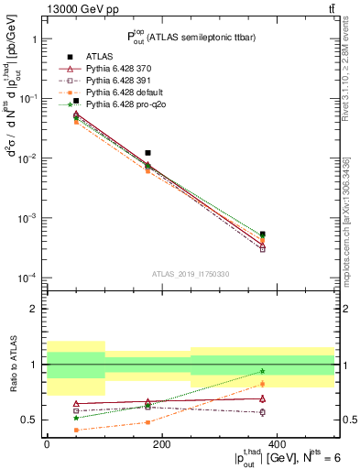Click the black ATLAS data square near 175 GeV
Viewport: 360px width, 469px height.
coord(147,153)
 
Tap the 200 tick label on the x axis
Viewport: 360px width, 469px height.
coord(161,444)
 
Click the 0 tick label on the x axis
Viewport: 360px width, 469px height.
coord(47,444)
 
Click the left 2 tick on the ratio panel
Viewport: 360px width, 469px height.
coord(34,309)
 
